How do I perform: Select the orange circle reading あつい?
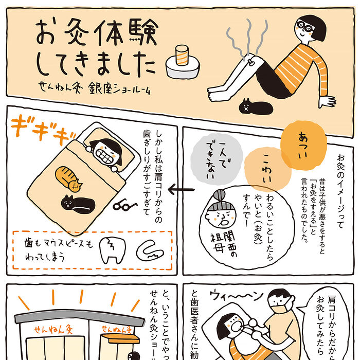point(303,139)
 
